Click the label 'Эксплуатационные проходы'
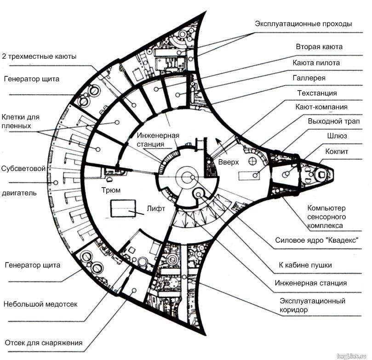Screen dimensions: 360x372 click(x=303, y=24)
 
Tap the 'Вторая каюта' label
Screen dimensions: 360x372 click(x=319, y=47)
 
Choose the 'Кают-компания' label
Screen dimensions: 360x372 click(x=321, y=107)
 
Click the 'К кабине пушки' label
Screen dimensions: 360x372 click(x=305, y=265)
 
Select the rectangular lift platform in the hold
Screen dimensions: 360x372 click(x=122, y=209)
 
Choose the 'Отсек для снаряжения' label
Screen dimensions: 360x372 click(x=44, y=343)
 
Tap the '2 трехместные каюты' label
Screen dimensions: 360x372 click(x=39, y=56)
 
